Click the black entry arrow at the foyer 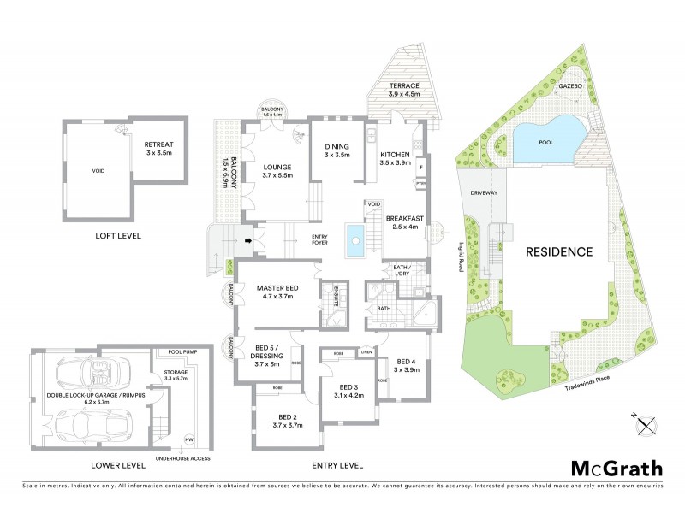pos(248,241)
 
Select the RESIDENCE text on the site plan pos(559,252)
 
